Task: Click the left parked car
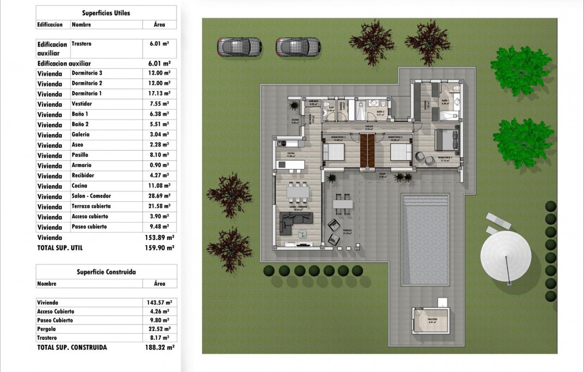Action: (240, 47)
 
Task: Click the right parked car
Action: (297, 47)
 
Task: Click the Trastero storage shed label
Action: (433, 320)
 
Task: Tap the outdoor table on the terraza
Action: (343, 203)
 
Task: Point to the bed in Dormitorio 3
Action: (335, 152)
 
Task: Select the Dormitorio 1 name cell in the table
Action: (87, 93)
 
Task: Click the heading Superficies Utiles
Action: (106, 13)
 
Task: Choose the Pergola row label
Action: (47, 329)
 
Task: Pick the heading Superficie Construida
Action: (106, 272)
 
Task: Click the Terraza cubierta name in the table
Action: (91, 207)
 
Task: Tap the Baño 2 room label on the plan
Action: (379, 113)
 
